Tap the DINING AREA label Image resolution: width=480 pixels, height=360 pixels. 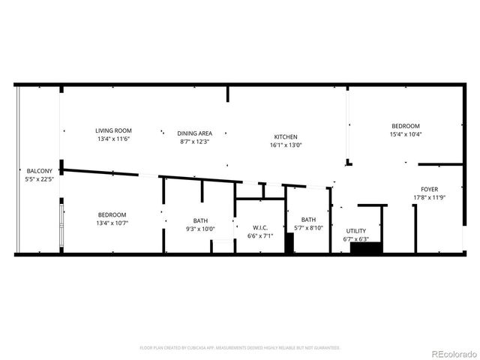coord(193,133)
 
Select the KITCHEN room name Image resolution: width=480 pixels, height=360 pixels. coord(285,136)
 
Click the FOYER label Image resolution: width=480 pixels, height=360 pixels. coord(429,189)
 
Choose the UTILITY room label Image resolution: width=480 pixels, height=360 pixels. coord(355,230)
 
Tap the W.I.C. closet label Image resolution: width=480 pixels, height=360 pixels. coord(260,227)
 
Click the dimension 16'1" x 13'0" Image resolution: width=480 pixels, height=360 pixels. coord(285,145)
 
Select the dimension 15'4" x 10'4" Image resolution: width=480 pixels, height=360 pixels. coord(405,134)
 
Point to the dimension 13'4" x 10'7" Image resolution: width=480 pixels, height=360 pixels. coord(111,223)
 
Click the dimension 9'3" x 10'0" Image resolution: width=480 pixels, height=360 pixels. coord(200,229)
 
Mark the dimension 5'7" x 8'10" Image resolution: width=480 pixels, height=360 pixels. coord(308,228)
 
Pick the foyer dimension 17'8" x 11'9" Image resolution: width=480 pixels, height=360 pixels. coord(429,198)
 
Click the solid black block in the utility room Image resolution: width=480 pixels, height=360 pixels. coord(367,247)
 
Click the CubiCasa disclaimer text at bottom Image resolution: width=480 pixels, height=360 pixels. coord(240,348)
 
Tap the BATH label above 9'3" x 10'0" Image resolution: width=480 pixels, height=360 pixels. coord(200,220)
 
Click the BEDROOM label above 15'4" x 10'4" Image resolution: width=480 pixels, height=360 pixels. coord(405,125)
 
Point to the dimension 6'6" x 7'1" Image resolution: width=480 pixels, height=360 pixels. coord(260,236)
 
